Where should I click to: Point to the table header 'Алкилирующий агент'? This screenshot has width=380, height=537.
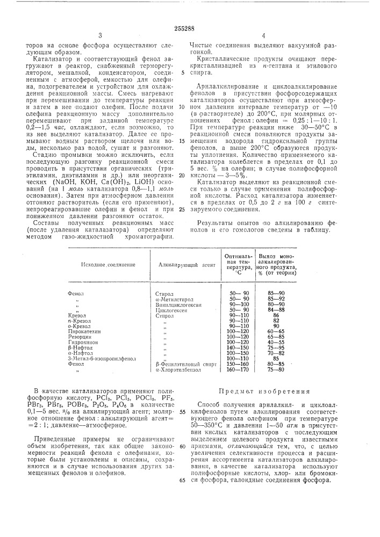pos(184,265)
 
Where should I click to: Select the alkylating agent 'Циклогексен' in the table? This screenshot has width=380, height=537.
pos(170,310)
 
